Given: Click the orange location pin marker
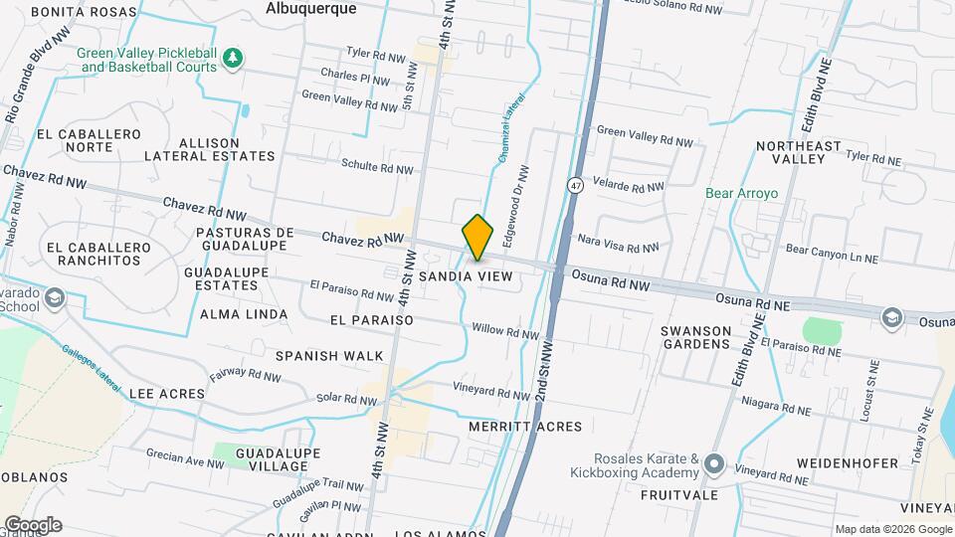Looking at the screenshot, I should tap(477, 238).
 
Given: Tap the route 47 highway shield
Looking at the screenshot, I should tap(575, 185).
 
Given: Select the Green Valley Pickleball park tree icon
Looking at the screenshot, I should tap(233, 58).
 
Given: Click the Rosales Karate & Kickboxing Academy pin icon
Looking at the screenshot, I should tap(712, 464).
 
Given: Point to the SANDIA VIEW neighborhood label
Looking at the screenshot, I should tap(466, 275).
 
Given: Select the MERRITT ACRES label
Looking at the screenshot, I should tap(525, 427).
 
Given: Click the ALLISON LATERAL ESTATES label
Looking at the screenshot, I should tap(209, 149).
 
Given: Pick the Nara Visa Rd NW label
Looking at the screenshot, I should tap(619, 244).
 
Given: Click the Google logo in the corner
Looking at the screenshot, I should tap(32, 524).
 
